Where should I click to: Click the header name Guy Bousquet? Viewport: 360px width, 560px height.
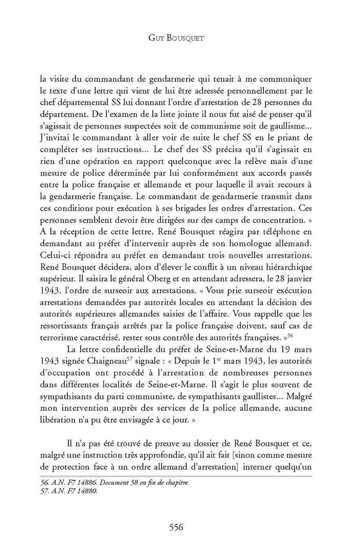click(179, 38)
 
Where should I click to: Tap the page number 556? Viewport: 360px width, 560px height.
click(179, 527)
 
